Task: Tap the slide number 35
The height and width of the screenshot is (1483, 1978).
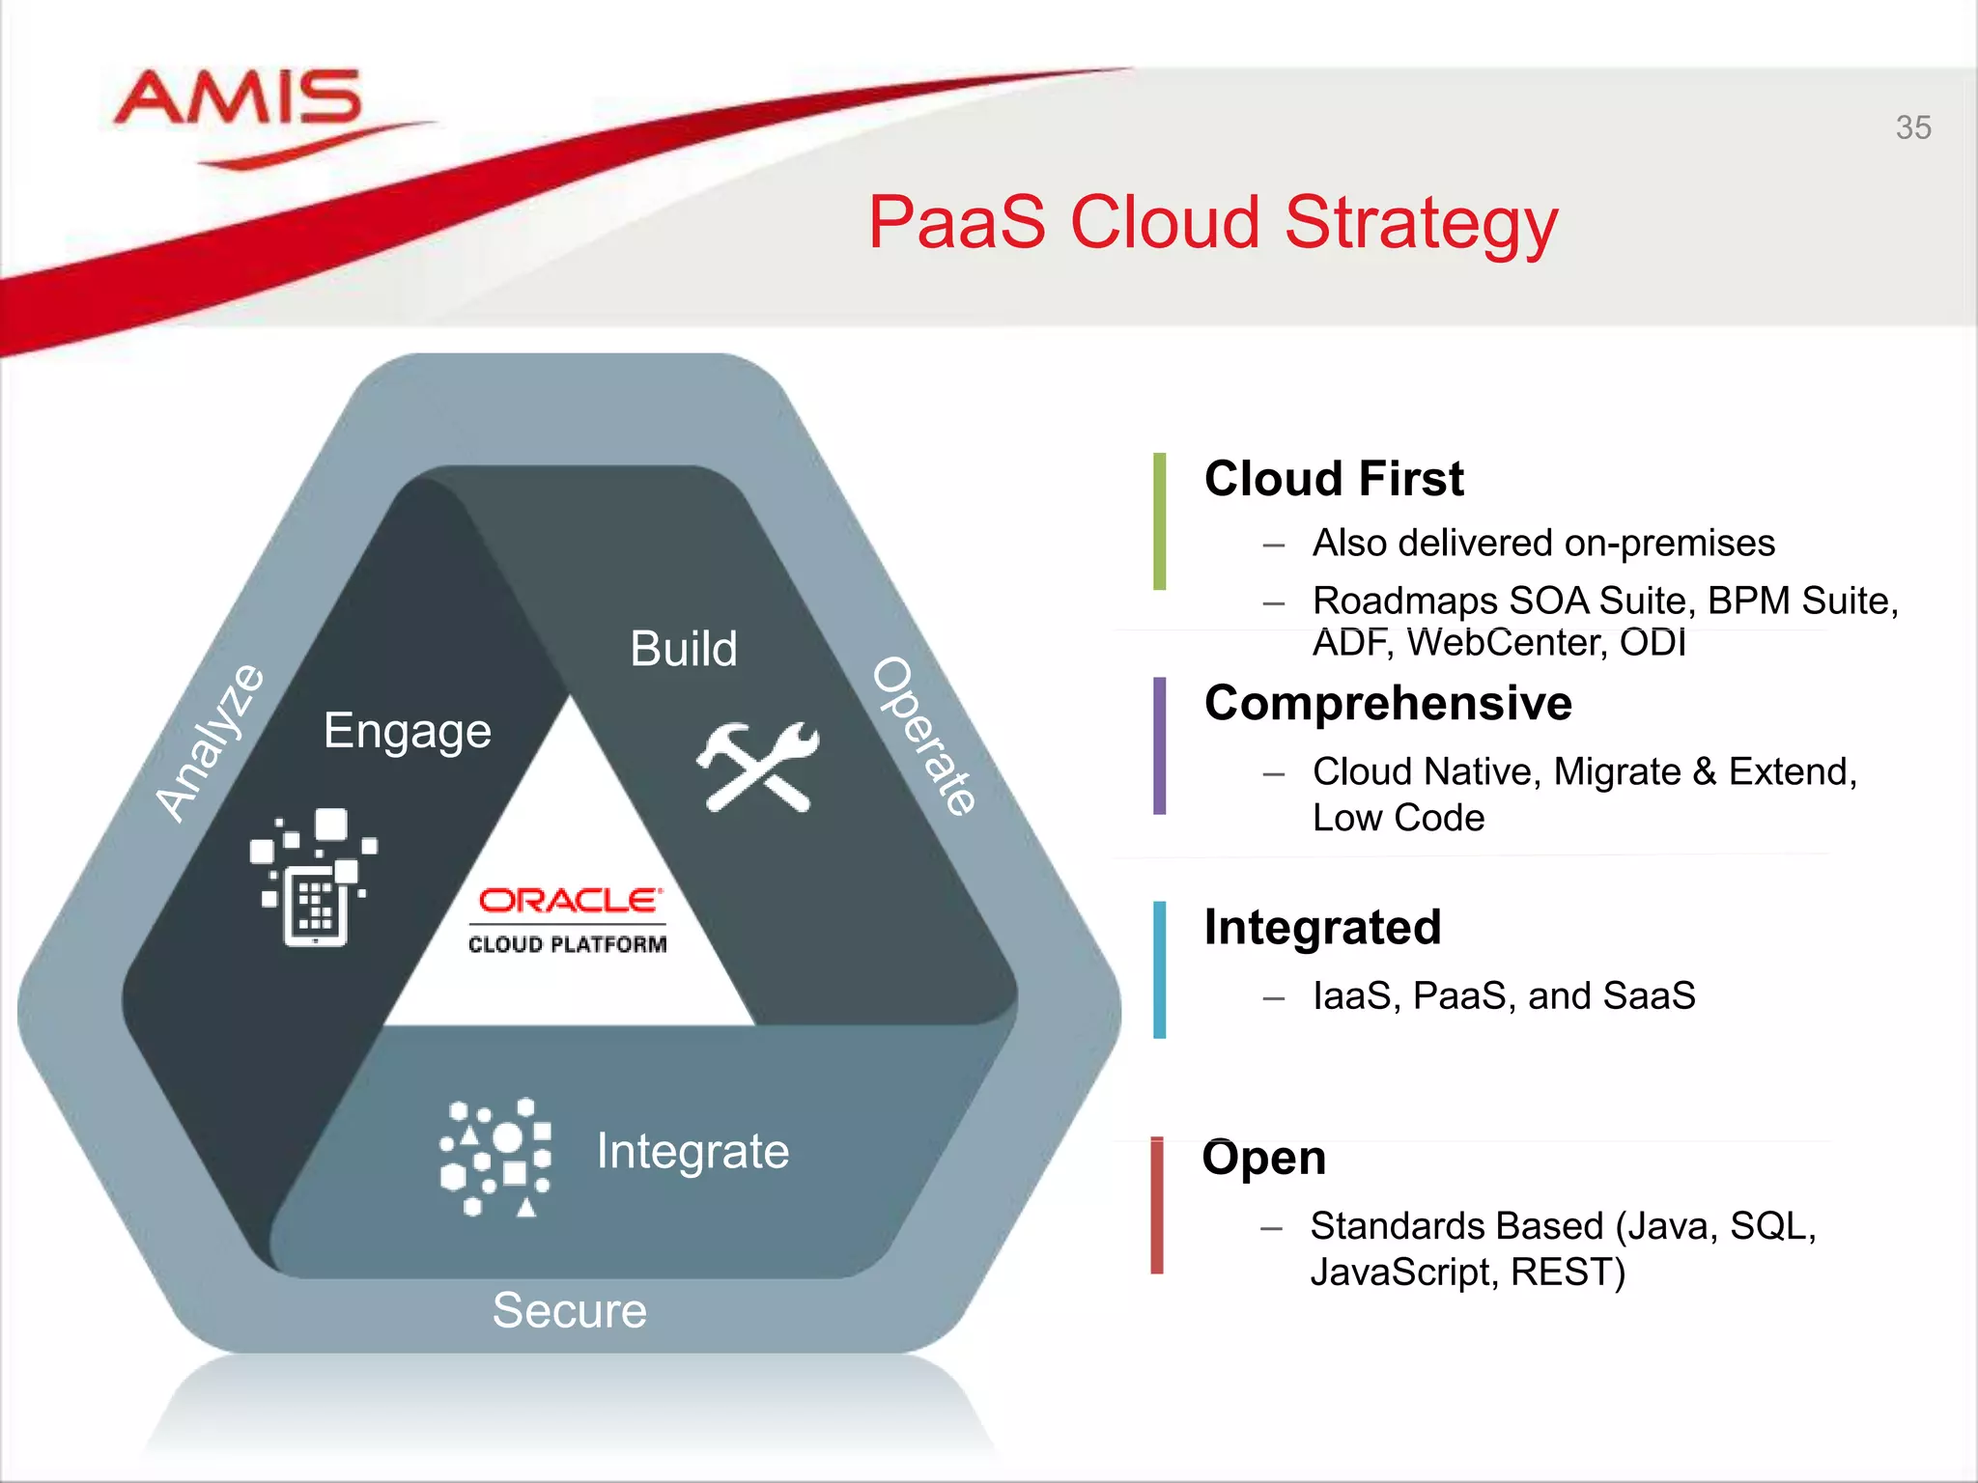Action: coord(1912,127)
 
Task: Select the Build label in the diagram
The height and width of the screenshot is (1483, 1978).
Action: coord(683,649)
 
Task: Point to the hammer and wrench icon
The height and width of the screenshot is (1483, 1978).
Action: coord(757,767)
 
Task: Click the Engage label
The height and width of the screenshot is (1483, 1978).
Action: coord(407,731)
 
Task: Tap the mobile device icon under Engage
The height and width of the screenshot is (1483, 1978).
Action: coord(314,878)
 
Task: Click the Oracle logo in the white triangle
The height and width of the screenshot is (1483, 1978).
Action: coord(570,900)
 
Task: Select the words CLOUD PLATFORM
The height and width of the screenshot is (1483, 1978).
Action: coord(567,944)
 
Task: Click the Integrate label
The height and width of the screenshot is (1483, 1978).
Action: coord(692,1151)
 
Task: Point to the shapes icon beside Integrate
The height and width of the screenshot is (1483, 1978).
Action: coord(495,1157)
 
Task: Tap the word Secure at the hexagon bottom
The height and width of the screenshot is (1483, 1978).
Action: coord(569,1310)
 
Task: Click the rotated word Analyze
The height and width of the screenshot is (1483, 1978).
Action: coord(210,743)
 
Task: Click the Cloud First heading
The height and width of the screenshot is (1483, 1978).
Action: coord(1334,479)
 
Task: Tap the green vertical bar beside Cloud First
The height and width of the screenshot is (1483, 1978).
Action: coord(1159,521)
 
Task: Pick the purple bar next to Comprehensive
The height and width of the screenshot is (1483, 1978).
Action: coord(1159,745)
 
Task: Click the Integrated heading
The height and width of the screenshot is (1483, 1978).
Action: coord(1322,927)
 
